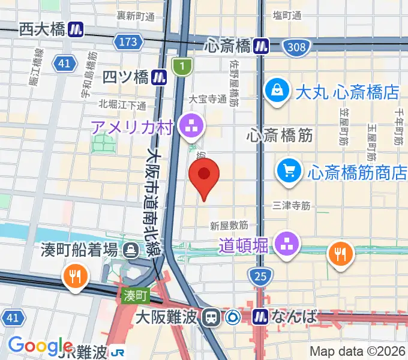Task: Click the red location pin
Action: [204, 174]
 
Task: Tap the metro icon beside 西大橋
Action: [76, 29]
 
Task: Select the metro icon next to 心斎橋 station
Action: [261, 45]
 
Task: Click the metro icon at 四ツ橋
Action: [159, 77]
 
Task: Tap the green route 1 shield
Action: [181, 67]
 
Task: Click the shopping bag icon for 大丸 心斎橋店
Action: [277, 91]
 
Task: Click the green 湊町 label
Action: [136, 295]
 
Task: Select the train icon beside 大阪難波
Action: [211, 316]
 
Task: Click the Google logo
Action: [40, 346]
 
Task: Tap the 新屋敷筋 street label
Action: [229, 226]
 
